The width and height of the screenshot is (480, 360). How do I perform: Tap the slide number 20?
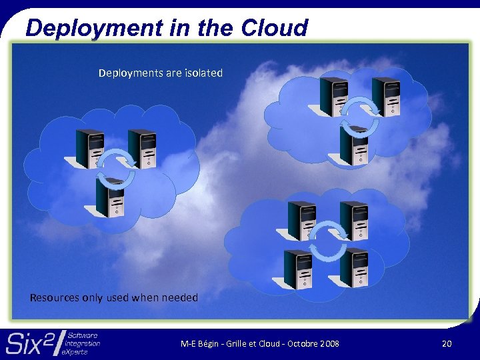(x=446, y=343)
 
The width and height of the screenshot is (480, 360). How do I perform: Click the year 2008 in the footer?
(x=329, y=343)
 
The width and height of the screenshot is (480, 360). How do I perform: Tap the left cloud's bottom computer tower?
(x=111, y=197)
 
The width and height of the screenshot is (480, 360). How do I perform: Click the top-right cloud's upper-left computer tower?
(x=334, y=96)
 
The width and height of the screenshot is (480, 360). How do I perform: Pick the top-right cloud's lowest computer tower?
(x=353, y=145)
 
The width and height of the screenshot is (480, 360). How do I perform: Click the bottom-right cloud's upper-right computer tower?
(x=353, y=221)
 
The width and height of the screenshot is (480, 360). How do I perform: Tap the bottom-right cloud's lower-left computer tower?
(x=298, y=268)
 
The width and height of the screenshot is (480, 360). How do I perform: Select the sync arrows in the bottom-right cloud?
(x=327, y=242)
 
